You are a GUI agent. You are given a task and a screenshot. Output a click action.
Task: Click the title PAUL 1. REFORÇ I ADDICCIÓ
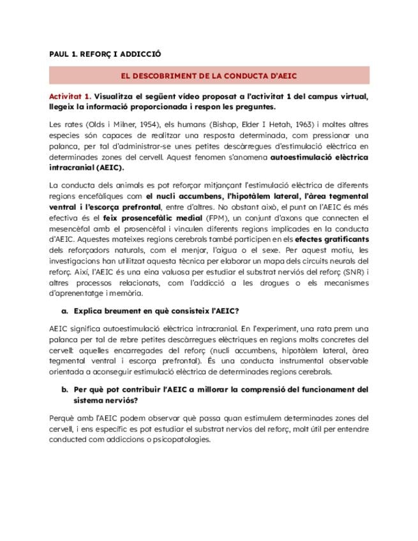click(105, 54)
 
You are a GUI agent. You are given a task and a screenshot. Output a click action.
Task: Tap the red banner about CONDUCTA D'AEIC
click(209, 75)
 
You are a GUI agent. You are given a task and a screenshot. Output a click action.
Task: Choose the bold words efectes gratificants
click(339, 239)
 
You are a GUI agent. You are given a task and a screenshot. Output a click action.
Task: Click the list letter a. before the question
click(64, 311)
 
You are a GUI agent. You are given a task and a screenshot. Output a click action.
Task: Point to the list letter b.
click(64, 389)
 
